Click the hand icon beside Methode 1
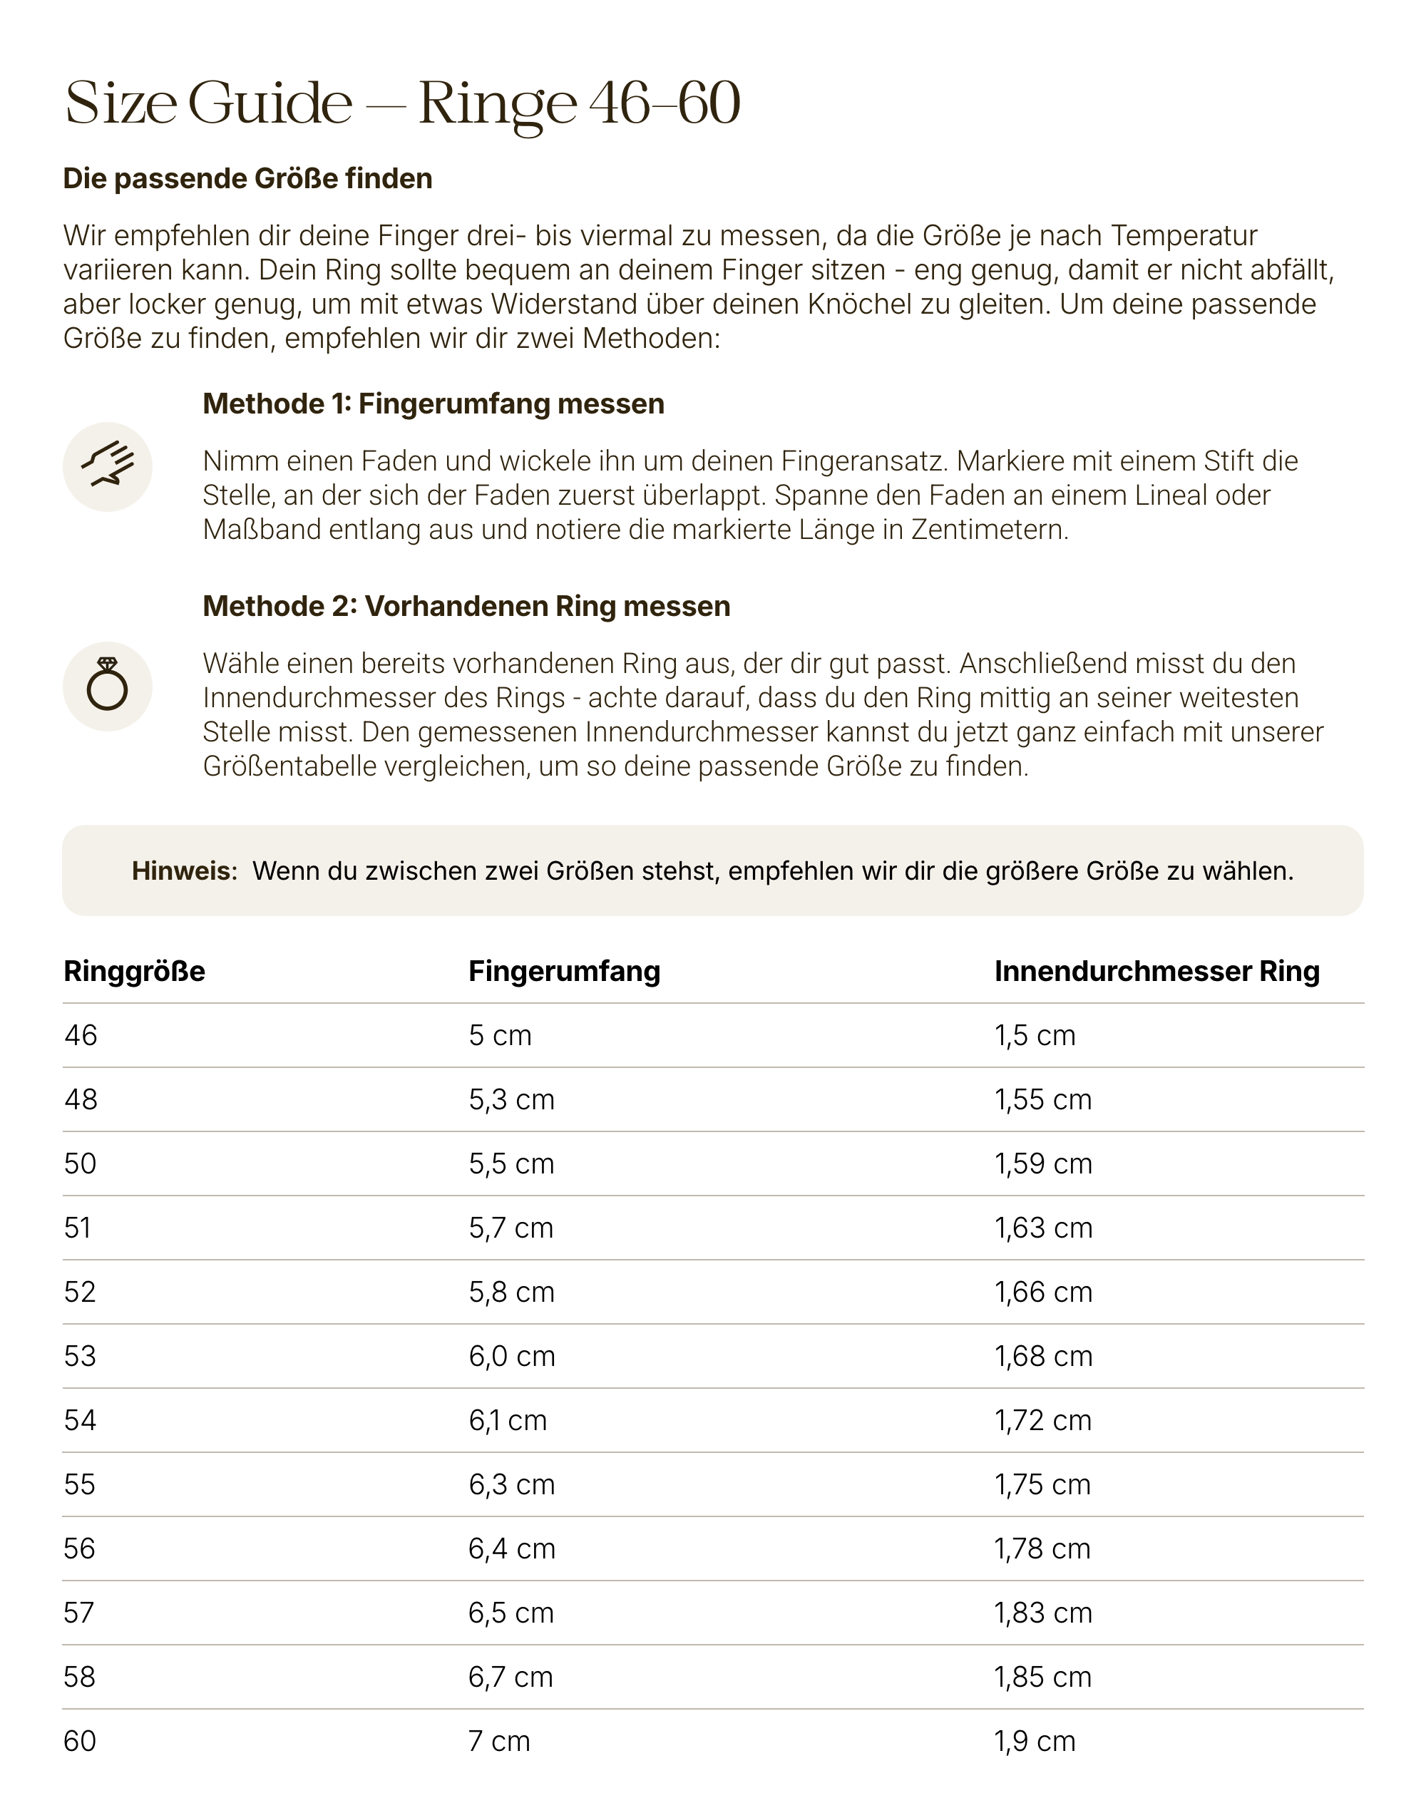click(x=108, y=466)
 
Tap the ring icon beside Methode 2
click(x=108, y=686)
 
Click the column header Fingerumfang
click(x=564, y=971)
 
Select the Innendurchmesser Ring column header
click(x=1156, y=971)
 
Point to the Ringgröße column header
click(x=134, y=971)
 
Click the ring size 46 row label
click(x=81, y=1035)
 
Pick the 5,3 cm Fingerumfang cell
click(x=511, y=1099)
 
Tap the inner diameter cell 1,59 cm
click(x=1042, y=1163)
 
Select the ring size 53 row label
click(x=80, y=1356)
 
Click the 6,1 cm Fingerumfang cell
click(x=507, y=1420)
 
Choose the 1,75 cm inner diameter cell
click(x=1042, y=1484)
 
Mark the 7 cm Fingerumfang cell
click(x=498, y=1741)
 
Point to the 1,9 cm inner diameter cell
click(x=1034, y=1741)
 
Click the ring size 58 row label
click(x=79, y=1677)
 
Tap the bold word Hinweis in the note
click(x=184, y=870)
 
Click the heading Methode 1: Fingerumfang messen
click(x=433, y=404)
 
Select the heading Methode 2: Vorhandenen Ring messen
click(x=466, y=606)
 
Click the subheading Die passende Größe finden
click(x=247, y=178)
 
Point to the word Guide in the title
click(x=270, y=103)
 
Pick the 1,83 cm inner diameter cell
click(x=1042, y=1613)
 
